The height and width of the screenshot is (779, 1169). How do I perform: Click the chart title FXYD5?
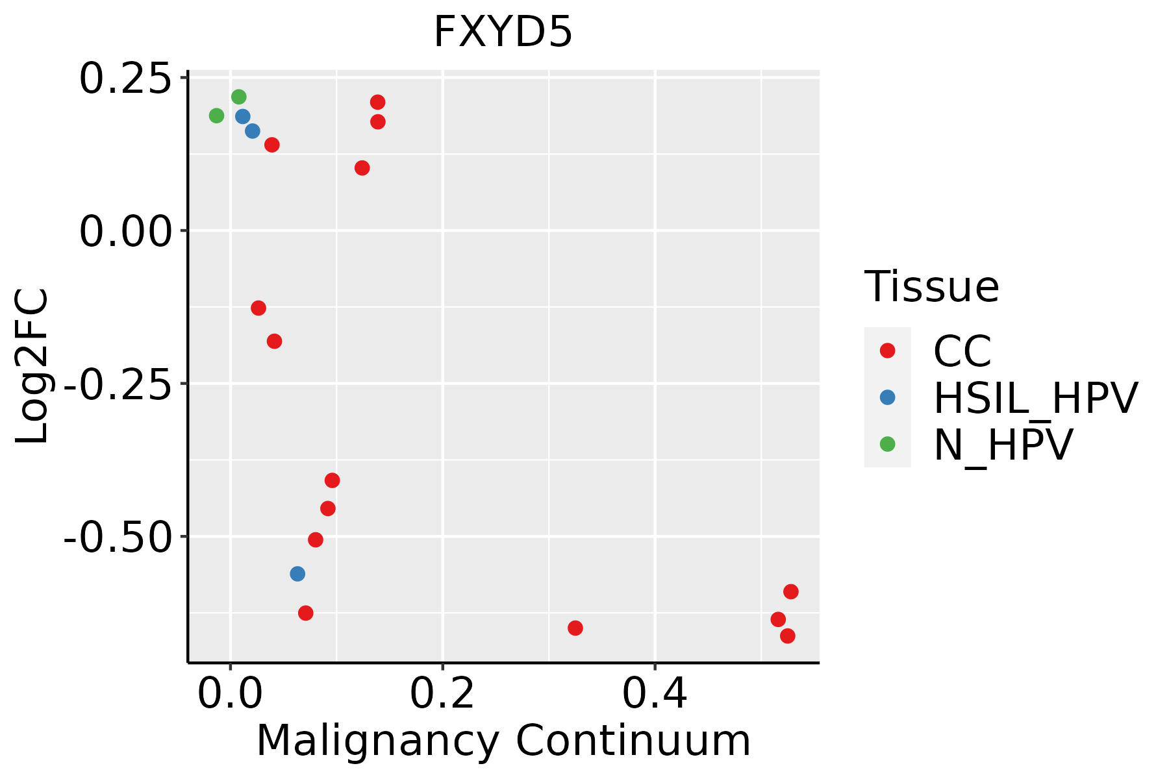click(503, 32)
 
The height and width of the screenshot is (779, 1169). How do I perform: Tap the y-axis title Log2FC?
click(32, 367)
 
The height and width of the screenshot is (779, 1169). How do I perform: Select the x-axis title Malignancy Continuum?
click(503, 741)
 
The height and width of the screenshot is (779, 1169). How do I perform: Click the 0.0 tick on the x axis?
click(230, 694)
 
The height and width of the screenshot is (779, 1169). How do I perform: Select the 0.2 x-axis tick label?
click(442, 694)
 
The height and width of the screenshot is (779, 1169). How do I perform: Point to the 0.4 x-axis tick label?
click(655, 694)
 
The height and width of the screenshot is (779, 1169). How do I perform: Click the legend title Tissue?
click(931, 286)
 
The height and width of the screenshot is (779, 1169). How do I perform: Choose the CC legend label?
click(962, 351)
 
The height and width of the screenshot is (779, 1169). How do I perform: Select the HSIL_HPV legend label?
click(1035, 398)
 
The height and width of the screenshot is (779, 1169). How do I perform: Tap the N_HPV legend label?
click(1003, 445)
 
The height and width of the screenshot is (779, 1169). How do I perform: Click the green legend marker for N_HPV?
click(887, 444)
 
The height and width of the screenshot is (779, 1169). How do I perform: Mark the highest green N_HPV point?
click(239, 97)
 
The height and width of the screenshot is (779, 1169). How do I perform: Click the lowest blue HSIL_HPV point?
click(297, 574)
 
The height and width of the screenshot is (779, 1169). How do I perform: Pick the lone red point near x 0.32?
click(575, 628)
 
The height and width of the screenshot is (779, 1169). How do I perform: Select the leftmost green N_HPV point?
click(216, 116)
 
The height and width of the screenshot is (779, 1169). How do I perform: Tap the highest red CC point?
click(377, 102)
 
